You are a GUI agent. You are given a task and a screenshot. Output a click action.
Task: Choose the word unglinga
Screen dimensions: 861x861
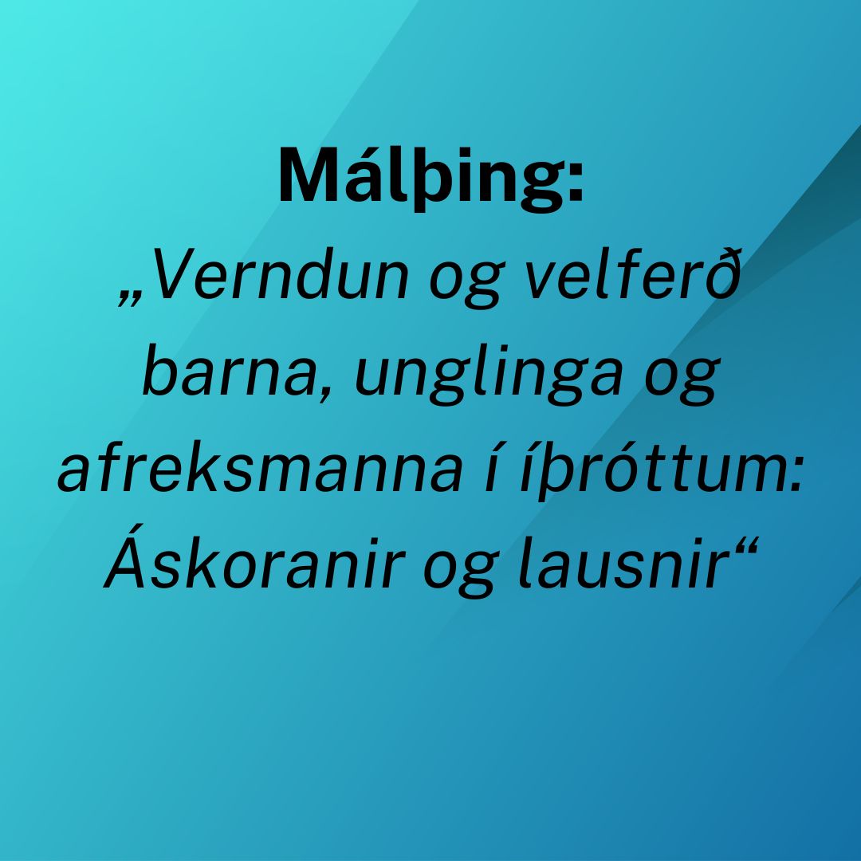pyautogui.click(x=489, y=375)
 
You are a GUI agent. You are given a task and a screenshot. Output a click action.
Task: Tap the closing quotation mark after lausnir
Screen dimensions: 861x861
pyautogui.click(x=745, y=546)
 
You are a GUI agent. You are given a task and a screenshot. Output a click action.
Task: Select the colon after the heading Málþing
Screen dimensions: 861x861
pyautogui.click(x=574, y=181)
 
